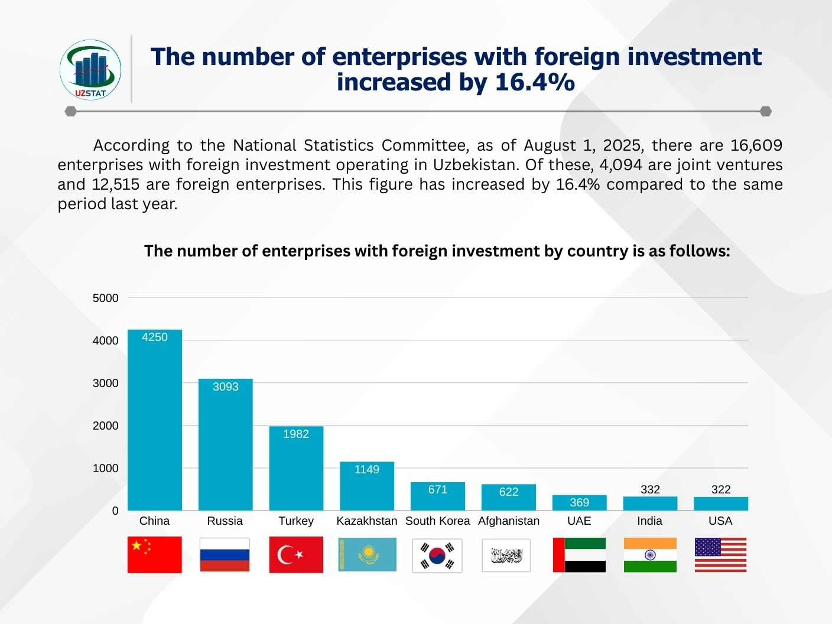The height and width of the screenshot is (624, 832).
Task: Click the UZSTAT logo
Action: point(90,70)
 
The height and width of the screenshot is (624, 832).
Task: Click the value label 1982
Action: point(296,434)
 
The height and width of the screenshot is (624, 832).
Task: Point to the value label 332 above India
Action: point(650,489)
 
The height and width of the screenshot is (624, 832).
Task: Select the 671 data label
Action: point(438,489)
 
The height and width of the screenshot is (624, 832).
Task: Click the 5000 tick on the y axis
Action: point(106,298)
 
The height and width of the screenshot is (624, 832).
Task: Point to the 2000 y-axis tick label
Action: point(106,425)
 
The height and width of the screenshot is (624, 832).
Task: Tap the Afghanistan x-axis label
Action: point(509,521)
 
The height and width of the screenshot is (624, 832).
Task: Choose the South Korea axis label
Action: point(437,521)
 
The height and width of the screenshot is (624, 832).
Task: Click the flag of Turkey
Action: point(296,555)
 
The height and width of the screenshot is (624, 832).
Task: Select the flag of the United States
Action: point(720,555)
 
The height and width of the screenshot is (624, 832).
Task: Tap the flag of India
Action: point(650,555)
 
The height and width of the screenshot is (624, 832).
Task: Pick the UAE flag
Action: point(579,555)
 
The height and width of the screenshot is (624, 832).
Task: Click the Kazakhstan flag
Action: point(367,555)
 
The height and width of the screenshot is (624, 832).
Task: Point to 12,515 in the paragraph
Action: point(116,184)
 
